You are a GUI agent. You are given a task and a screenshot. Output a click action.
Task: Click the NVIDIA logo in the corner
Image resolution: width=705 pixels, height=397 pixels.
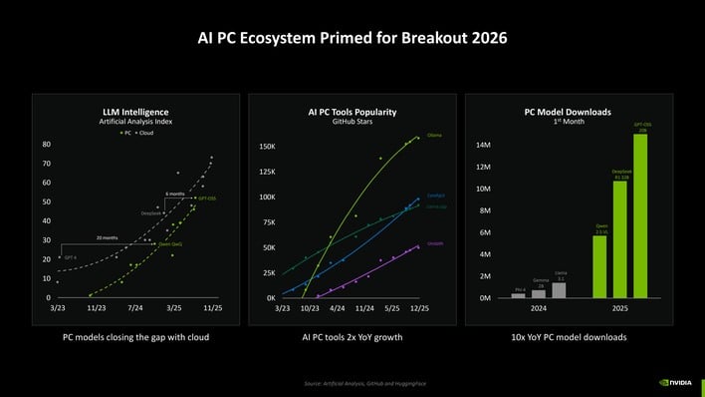pos(677,381)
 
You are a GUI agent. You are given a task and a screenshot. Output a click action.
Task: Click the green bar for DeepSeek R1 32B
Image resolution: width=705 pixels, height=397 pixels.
pos(619,239)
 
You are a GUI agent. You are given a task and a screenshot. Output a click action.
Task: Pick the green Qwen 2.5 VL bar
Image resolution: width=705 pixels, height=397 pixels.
pos(599,266)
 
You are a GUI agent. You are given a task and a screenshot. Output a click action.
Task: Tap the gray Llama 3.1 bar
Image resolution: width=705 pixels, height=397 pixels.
pos(560,290)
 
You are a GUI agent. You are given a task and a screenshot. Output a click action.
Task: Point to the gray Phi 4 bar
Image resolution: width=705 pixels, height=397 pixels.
pos(518,295)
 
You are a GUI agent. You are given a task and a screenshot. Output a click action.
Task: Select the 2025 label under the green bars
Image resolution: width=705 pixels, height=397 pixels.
pos(619,310)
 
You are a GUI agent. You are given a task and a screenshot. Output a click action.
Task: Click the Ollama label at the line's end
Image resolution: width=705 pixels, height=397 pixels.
pos(434,134)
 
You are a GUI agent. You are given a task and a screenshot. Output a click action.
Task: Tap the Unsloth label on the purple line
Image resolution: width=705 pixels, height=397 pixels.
pos(435,242)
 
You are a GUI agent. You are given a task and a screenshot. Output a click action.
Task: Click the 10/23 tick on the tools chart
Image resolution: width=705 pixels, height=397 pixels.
pos(310,310)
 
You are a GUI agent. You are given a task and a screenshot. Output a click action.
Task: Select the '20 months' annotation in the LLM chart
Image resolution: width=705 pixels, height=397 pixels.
pos(108,238)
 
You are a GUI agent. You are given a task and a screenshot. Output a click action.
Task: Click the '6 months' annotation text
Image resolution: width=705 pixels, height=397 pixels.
pos(175,193)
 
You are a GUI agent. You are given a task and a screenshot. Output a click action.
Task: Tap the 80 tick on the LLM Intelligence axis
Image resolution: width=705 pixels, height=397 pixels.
pos(46,145)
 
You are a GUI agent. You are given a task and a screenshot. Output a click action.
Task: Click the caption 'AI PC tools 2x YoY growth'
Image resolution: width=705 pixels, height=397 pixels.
pos(352,337)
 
